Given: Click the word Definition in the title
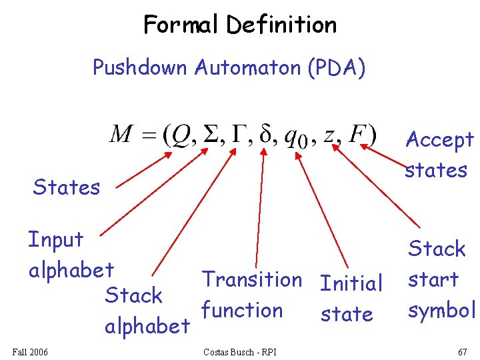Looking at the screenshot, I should coord(281,25).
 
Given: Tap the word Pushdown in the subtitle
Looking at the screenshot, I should coord(141,67).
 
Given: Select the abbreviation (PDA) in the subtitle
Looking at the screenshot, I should coord(337,67).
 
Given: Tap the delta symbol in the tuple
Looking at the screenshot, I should coord(267,135).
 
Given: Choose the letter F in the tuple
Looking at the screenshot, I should coord(359,135).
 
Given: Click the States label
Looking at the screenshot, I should coord(67,187).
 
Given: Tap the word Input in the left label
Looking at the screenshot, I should coord(55,240).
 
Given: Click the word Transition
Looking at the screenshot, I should coord(252,279).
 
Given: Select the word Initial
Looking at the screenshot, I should coord(351,283).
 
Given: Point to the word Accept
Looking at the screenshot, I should coord(439,140).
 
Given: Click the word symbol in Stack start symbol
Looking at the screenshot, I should coord(441,310).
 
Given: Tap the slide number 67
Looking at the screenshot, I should coord(461,351).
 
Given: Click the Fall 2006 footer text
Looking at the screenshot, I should coord(30,351).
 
